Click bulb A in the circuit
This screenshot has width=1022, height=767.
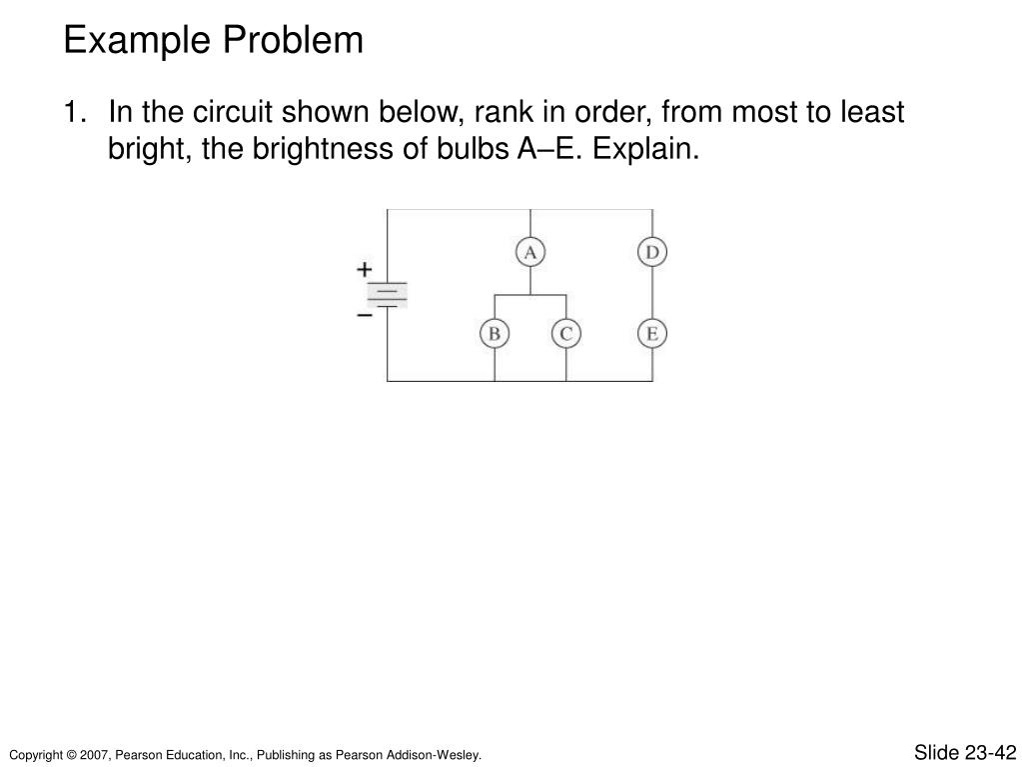coord(530,253)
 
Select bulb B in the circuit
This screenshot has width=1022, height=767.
coord(494,334)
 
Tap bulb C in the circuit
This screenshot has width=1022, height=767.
coord(565,334)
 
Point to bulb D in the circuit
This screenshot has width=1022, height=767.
coord(652,253)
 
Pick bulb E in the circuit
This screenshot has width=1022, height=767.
coord(652,334)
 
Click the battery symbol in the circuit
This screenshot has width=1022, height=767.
coord(387,294)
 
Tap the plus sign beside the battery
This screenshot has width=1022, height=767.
coord(365,269)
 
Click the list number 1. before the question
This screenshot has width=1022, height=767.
coord(75,112)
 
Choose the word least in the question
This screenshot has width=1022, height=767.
coord(868,112)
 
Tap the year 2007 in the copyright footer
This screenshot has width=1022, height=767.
coord(97,754)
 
